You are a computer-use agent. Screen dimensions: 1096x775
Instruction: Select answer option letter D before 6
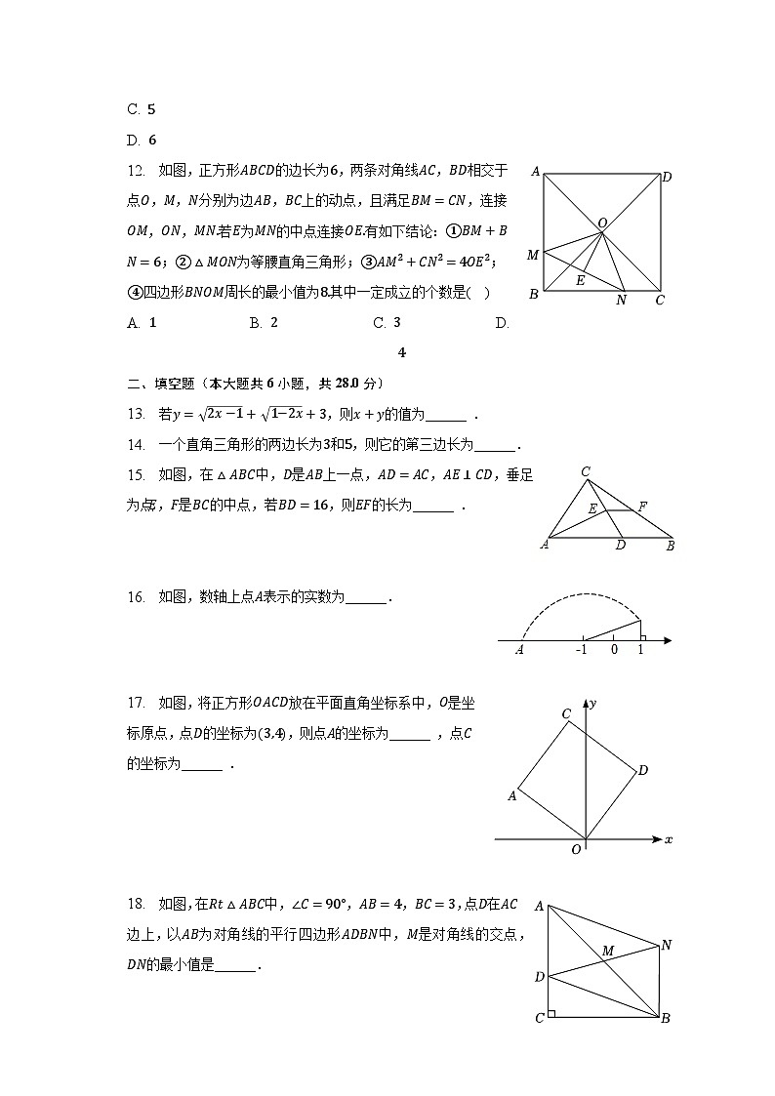pos(133,140)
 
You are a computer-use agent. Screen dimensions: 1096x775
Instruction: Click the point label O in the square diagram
pos(603,223)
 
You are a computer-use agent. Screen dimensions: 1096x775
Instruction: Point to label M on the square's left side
pos(533,255)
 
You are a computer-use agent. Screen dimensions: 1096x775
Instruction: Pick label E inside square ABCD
pos(580,281)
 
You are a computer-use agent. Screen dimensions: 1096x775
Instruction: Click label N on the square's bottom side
pos(621,301)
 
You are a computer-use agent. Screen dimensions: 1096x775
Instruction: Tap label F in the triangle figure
pos(642,507)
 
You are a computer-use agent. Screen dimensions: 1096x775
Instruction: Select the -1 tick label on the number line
pos(582,650)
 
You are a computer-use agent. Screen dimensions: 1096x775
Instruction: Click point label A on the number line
pos(520,650)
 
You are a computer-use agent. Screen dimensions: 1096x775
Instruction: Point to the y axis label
pos(593,703)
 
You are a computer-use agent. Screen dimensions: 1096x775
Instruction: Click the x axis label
pos(669,839)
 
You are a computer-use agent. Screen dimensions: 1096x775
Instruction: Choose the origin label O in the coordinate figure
pos(577,850)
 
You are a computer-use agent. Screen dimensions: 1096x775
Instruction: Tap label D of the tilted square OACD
pos(643,771)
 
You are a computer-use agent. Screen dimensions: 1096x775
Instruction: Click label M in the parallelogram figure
pos(608,951)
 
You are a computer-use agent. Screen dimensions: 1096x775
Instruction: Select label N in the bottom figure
pos(667,944)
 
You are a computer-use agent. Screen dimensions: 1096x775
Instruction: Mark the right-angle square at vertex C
pos(552,1014)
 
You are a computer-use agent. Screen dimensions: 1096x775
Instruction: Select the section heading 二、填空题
pos(163,383)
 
